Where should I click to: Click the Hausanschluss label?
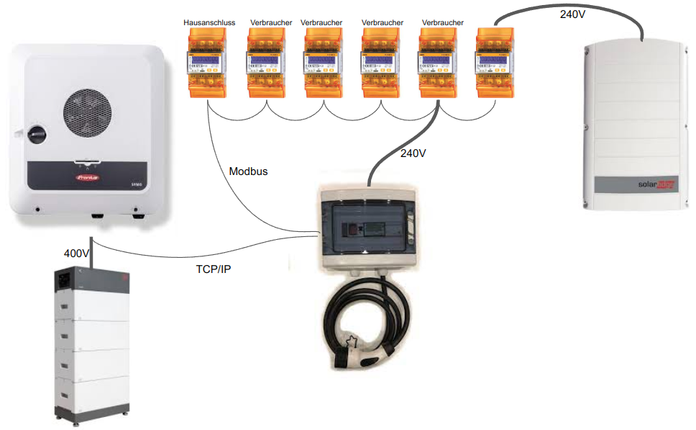(209, 23)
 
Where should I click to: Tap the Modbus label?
(248, 171)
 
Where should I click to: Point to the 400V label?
(77, 254)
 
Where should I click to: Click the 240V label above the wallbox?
(413, 153)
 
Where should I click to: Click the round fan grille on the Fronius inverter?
(89, 115)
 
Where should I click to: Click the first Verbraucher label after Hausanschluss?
(271, 23)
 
